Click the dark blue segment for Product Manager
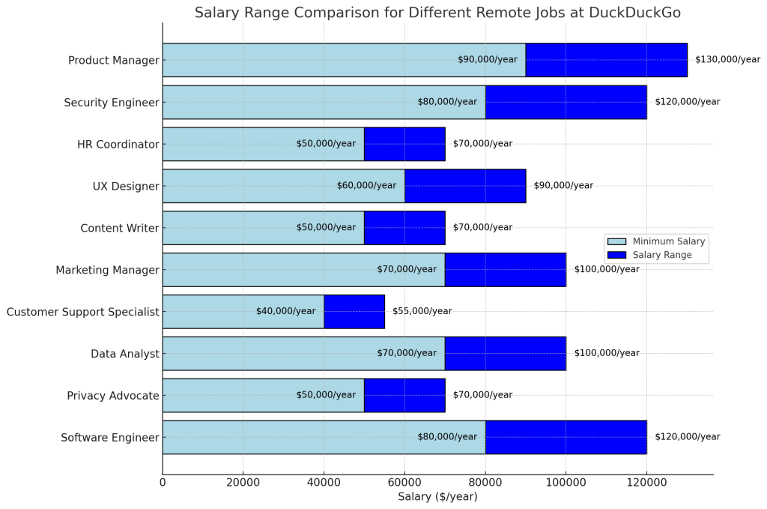607,60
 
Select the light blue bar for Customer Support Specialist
225,311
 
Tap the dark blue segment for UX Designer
465,186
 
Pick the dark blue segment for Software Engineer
566,437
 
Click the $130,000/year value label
727,60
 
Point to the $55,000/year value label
422,311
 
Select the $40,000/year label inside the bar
285,311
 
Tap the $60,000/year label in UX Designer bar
366,186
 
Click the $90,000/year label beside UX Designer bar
563,186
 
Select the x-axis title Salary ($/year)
437,498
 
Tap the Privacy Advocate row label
112,395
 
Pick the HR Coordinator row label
118,144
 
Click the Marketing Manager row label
107,270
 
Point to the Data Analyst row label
124,354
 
